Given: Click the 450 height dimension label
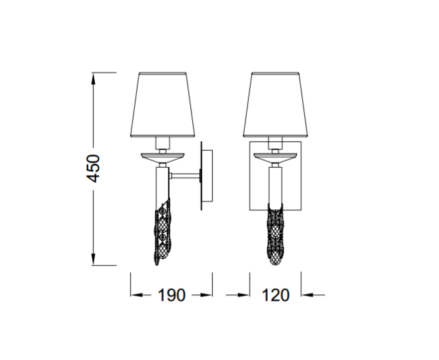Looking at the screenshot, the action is point(93,168).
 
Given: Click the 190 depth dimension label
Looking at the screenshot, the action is point(171,295).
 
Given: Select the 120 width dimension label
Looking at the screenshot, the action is point(276,295).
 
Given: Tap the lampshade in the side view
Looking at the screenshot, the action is point(163,105).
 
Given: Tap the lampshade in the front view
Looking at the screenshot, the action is point(276,105).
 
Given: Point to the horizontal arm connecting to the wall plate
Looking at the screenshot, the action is point(185,176).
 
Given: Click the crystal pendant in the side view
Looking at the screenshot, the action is point(163,232).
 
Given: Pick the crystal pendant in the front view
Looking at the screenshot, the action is point(276,234).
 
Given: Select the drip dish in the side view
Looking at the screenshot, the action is point(163,157).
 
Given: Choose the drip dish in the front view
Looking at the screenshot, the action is point(276,157).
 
